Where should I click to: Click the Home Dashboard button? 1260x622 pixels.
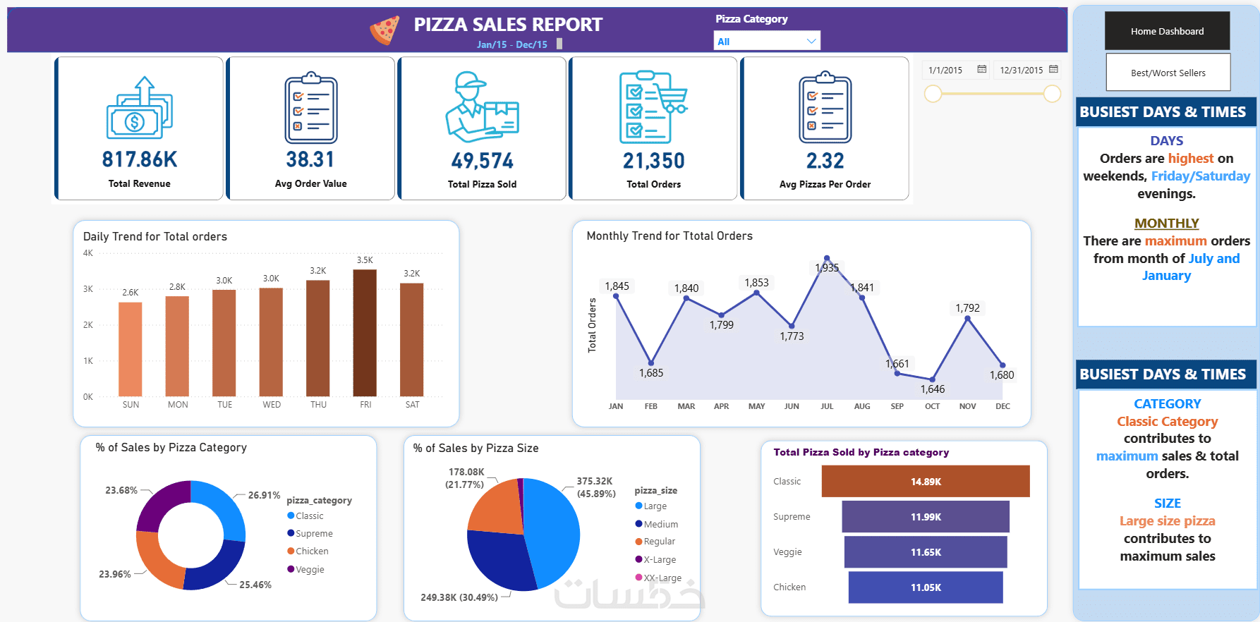pos(1167,31)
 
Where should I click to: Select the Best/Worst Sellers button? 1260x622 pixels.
pos(1168,73)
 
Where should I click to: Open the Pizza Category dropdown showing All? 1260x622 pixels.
pos(767,41)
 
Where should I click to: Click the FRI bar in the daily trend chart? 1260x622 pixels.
pos(365,333)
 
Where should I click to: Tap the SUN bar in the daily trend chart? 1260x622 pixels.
pos(131,349)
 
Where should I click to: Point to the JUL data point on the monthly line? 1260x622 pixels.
pos(827,259)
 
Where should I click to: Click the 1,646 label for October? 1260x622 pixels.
pos(932,389)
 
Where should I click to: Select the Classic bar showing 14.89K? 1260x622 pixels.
pos(926,482)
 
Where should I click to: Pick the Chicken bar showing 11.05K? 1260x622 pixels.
pos(926,587)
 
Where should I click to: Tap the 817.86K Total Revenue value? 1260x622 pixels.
pos(140,159)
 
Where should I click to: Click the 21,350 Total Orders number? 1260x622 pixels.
pos(653,161)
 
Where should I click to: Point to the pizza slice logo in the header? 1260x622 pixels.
pos(384,30)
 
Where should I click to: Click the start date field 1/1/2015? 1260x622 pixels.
pos(945,70)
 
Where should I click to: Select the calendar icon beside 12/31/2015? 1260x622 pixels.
pos(1053,69)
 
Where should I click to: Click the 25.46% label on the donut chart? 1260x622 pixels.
pos(255,585)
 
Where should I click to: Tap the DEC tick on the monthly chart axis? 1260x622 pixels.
pos(1002,406)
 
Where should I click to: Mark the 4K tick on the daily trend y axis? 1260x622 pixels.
pos(88,253)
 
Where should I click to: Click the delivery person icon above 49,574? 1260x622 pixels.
pos(483,106)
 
